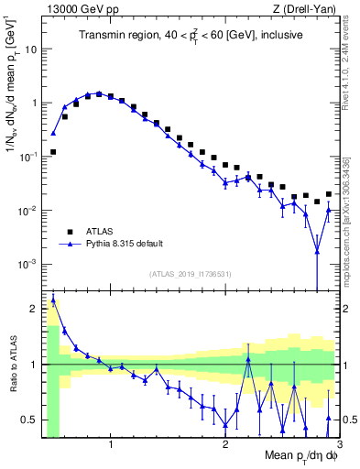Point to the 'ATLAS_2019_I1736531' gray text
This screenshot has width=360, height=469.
191,274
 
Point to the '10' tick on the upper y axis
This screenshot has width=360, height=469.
31,49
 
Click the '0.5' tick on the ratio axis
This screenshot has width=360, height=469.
28,420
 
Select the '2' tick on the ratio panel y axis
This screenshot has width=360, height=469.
34,308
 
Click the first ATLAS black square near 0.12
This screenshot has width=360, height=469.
53,152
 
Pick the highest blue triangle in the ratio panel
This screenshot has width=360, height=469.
53,300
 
